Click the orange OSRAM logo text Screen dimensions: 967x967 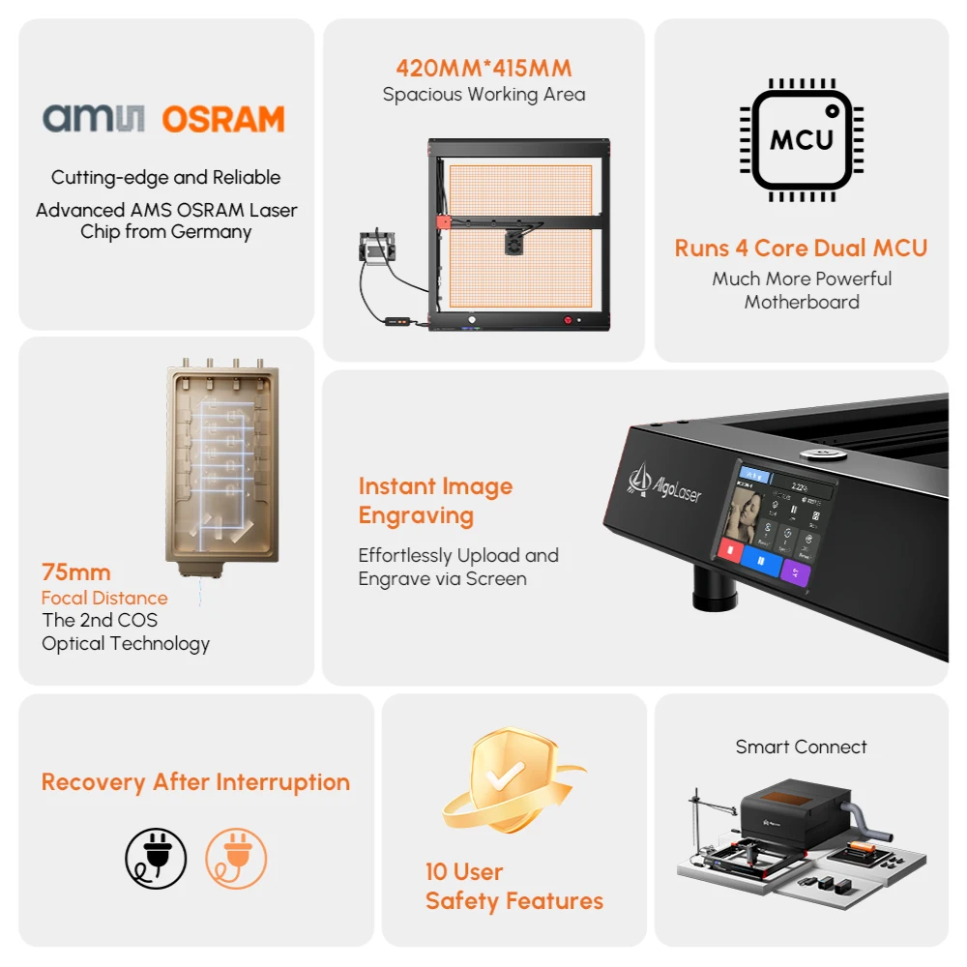coord(223,119)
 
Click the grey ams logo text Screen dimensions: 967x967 coord(94,119)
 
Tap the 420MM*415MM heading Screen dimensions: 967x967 coord(483,69)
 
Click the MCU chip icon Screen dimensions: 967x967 coord(802,139)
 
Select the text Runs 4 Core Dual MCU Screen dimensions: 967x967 coord(801,248)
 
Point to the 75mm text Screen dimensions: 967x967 coord(75,572)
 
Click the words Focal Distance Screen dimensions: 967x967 coord(104,598)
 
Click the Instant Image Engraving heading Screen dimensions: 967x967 coord(435,501)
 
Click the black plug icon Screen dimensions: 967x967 coord(156,859)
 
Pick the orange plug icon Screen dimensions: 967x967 coord(236,859)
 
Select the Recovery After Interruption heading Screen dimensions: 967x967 coord(195,782)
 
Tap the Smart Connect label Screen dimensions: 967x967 coord(801,747)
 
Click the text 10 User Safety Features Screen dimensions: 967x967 coord(513,887)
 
